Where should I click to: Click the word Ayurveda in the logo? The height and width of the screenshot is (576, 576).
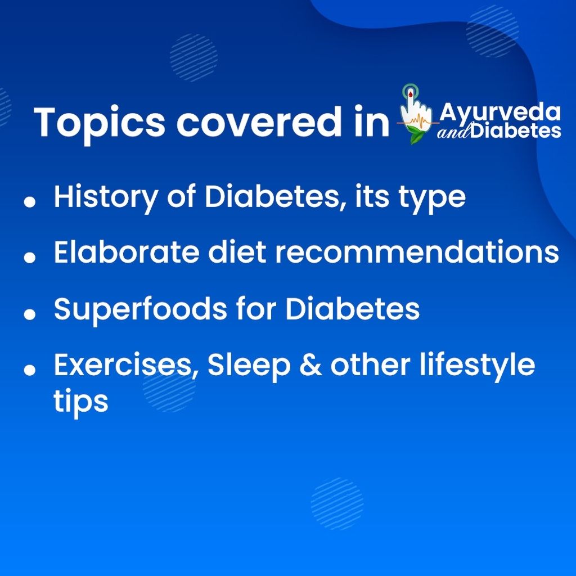(x=500, y=112)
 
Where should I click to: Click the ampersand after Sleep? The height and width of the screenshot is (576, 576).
(x=308, y=366)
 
